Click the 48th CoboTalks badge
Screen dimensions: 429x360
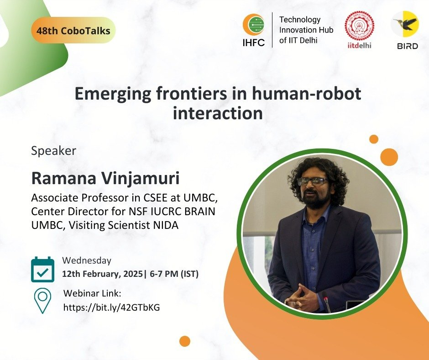pos(73,30)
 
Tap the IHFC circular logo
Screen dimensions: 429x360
pos(253,25)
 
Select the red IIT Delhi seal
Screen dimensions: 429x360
pos(359,26)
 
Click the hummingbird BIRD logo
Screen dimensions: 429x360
pos(405,24)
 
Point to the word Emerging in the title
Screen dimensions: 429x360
pos(113,94)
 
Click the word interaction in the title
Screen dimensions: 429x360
pos(218,113)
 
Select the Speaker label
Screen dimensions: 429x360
pos(54,151)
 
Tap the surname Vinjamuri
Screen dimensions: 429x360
pos(141,178)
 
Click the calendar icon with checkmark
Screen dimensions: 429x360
pos(43,270)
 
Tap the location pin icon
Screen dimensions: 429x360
pos(43,301)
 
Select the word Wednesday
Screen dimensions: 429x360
pos(87,260)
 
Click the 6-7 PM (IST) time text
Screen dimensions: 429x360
pos(174,274)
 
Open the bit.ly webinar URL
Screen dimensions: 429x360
pos(112,307)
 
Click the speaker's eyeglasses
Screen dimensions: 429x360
pos(313,181)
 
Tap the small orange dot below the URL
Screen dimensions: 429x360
pos(185,341)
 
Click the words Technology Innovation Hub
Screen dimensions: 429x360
pos(306,25)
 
